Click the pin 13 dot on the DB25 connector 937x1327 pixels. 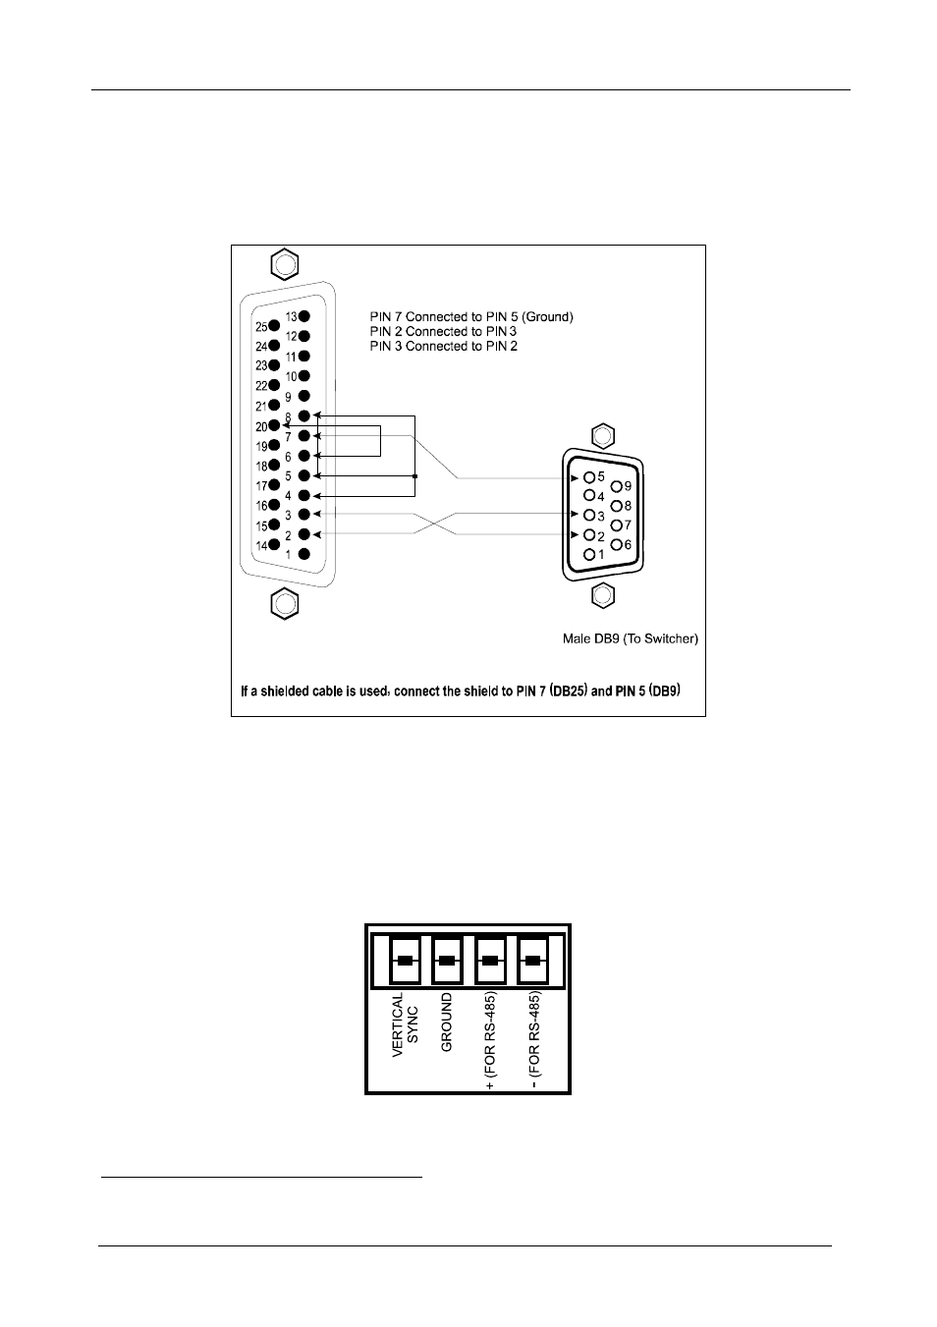304,316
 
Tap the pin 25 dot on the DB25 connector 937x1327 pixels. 275,326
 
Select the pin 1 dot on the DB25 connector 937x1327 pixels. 304,554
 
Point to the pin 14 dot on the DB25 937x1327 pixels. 275,544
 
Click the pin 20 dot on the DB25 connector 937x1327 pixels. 275,425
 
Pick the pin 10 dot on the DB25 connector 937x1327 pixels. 304,376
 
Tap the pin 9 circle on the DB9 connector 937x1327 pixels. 617,485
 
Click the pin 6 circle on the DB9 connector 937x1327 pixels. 617,544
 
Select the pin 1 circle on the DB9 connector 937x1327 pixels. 589,554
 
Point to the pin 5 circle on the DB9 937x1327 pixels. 589,476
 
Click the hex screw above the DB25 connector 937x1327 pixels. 285,265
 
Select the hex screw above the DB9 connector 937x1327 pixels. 603,435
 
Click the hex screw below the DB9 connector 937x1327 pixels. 603,594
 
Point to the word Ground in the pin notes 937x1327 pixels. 547,317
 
